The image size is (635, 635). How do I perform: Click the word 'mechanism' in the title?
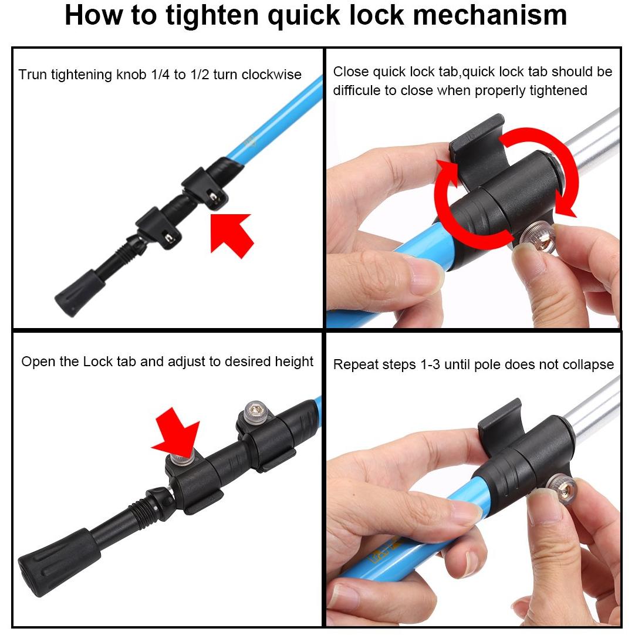[489, 15]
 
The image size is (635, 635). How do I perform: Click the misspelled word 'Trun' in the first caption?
[32, 75]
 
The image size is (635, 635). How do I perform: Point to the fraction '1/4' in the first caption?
[160, 75]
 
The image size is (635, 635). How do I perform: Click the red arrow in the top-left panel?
[231, 234]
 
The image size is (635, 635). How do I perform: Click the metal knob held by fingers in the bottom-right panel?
[561, 489]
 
